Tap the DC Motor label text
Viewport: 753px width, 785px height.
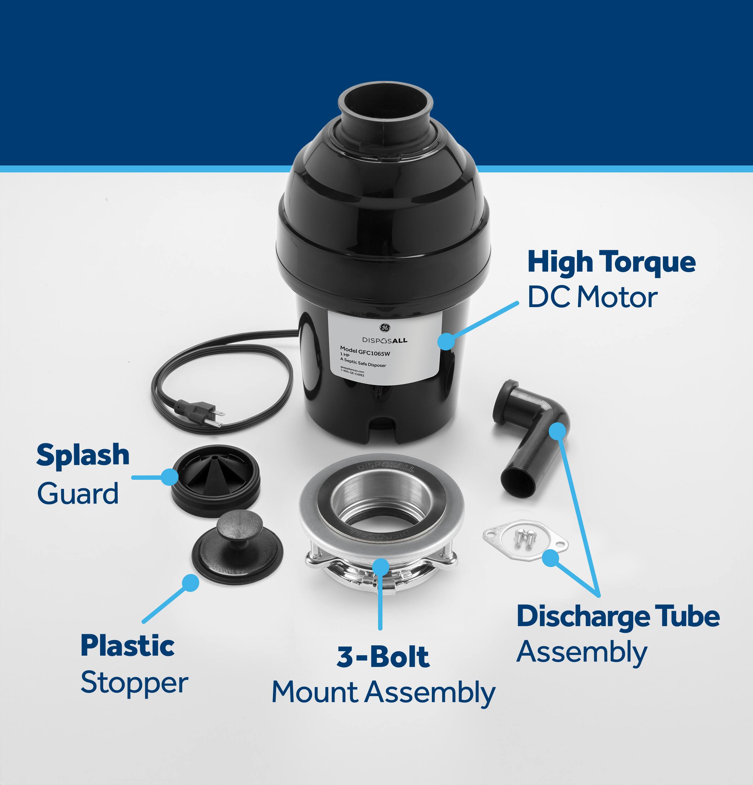(x=592, y=298)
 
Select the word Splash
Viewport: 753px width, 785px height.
(x=83, y=455)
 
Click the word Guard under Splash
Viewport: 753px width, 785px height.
(x=78, y=493)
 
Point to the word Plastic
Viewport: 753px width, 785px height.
(x=127, y=646)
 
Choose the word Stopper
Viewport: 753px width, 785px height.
(x=134, y=683)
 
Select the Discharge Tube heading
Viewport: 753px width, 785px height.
(x=618, y=616)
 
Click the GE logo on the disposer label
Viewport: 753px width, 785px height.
(x=385, y=328)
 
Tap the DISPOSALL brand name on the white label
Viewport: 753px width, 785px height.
(x=385, y=340)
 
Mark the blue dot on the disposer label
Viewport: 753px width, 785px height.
(x=446, y=341)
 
